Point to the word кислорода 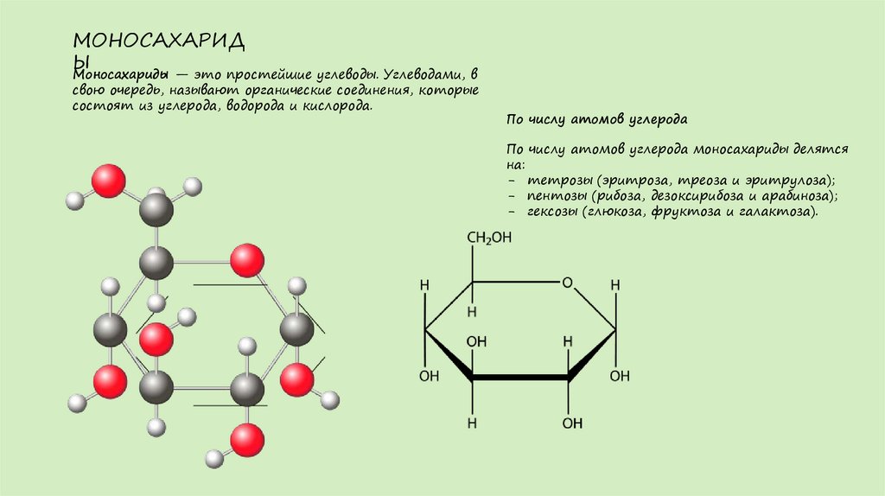(340, 105)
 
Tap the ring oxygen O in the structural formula (567, 282)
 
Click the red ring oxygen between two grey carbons (247, 260)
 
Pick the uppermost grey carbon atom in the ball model (156, 210)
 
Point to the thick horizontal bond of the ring (520, 378)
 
